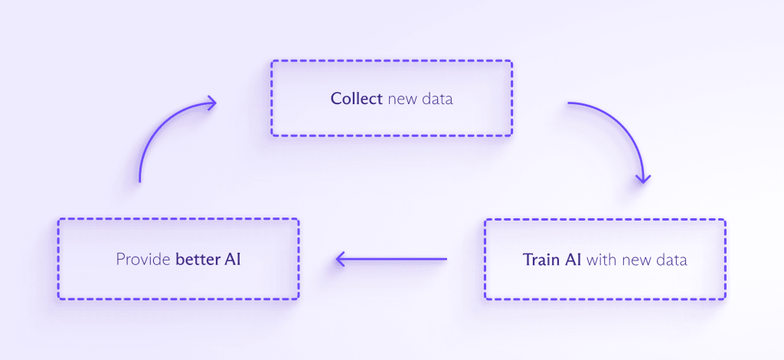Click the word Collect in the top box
[x=357, y=99]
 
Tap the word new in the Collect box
[x=403, y=100]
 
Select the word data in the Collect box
[x=437, y=99]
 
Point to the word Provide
[x=143, y=260]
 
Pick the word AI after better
[x=233, y=260]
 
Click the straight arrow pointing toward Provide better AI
[x=391, y=259]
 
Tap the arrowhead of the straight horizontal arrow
[x=341, y=259]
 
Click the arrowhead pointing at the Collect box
[x=211, y=103]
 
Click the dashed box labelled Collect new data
[x=391, y=98]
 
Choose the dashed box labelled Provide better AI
[x=178, y=259]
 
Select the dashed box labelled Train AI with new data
[x=605, y=260]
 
